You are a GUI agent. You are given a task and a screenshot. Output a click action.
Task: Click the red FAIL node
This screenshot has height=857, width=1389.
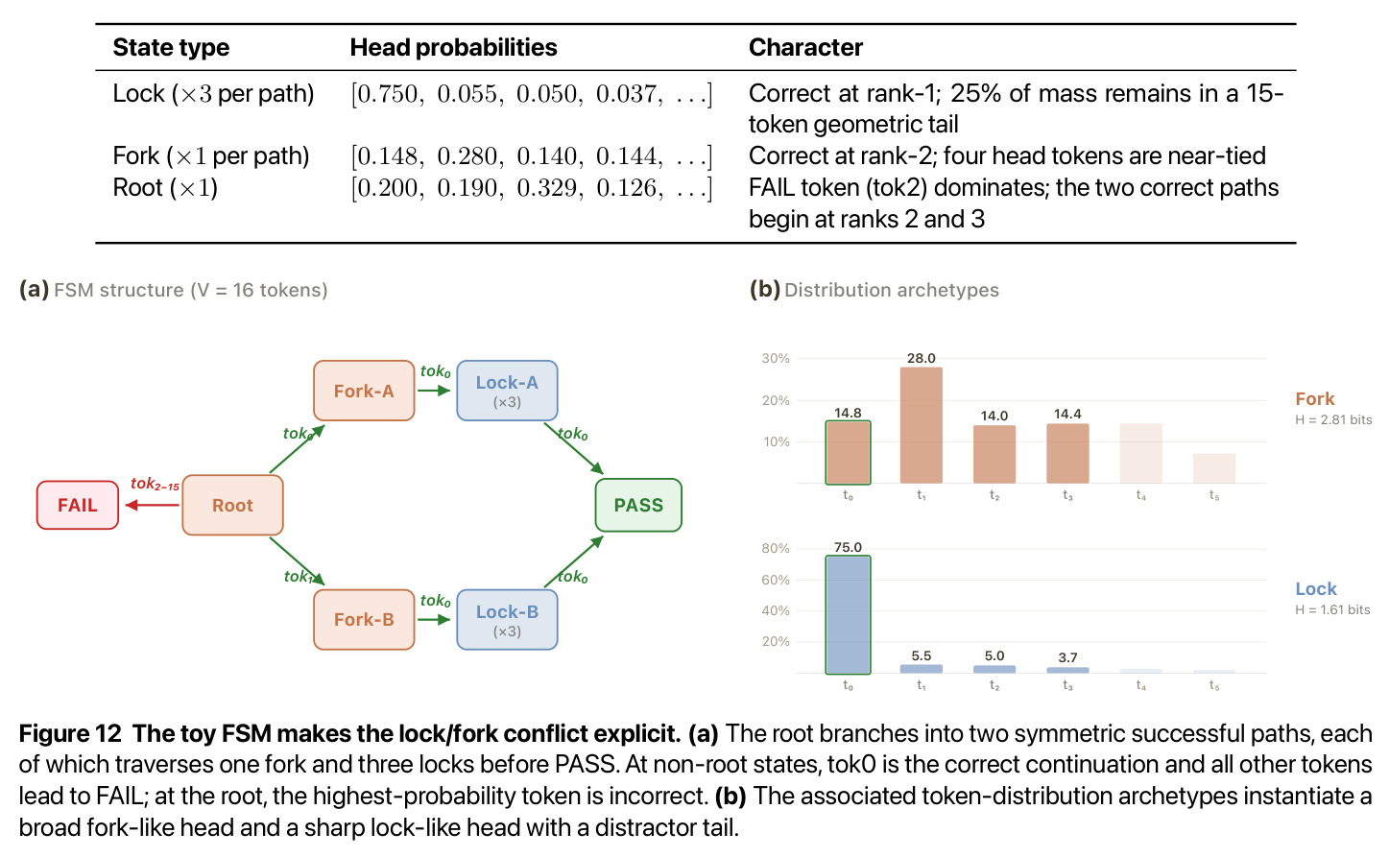(x=78, y=505)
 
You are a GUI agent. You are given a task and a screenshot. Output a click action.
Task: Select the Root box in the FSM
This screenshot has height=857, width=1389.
(x=232, y=505)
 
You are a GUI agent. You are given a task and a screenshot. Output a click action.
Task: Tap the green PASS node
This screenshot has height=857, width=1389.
(x=638, y=505)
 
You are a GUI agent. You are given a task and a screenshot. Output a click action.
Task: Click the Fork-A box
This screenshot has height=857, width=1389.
(x=364, y=391)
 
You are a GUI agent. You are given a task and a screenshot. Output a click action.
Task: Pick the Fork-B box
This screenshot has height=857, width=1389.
(x=364, y=620)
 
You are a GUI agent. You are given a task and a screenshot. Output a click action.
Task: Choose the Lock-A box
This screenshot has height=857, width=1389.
(x=507, y=391)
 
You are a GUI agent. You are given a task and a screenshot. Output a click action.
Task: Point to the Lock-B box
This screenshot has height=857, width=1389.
(x=507, y=620)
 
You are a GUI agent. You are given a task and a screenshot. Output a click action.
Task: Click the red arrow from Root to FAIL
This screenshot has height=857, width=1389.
(x=153, y=505)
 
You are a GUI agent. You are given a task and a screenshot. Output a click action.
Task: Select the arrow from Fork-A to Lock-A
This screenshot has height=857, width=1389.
(x=434, y=391)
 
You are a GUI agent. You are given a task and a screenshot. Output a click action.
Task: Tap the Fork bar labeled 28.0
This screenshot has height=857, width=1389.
(x=922, y=425)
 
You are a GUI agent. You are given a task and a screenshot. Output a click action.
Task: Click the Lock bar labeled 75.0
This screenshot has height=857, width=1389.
(x=848, y=614)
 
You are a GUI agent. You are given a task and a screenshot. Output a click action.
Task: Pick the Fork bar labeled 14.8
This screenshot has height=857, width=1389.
(x=848, y=453)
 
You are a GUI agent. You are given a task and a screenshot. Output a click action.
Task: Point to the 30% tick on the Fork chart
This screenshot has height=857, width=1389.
(x=776, y=358)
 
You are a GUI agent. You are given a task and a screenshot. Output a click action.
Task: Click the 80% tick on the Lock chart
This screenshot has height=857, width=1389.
(x=776, y=548)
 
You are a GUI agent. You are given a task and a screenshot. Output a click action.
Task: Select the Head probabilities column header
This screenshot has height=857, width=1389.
(x=453, y=47)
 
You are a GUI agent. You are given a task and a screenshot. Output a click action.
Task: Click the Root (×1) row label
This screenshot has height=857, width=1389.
(x=165, y=187)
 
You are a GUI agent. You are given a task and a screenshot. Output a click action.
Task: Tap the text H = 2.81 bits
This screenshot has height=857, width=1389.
(x=1333, y=419)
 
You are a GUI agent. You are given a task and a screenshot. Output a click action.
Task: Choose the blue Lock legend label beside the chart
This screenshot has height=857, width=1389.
(x=1316, y=588)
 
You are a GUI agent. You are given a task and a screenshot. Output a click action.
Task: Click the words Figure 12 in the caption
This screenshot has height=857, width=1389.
(x=70, y=733)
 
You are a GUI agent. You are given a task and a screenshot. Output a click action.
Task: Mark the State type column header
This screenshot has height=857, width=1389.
(x=171, y=48)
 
